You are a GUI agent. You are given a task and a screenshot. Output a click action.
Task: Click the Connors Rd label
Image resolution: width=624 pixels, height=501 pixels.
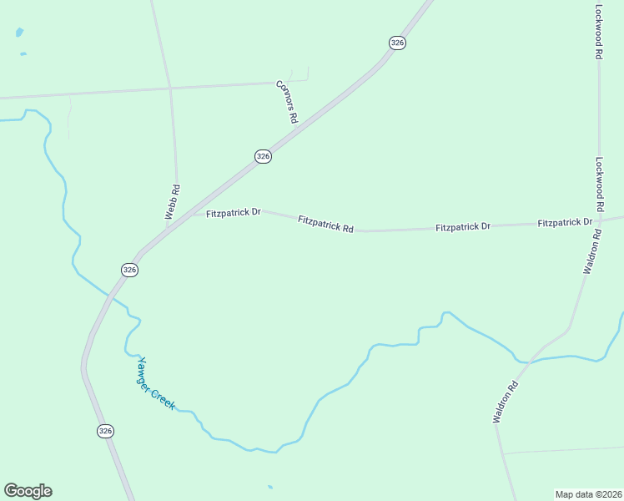click(287, 102)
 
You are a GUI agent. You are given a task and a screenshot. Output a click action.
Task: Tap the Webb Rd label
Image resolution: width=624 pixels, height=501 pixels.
click(173, 202)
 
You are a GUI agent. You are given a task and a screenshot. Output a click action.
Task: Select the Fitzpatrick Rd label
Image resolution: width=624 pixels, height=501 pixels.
click(325, 224)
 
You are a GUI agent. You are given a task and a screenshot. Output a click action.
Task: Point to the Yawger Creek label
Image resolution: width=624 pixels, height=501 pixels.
click(157, 383)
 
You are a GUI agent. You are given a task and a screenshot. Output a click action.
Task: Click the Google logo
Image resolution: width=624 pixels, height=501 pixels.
click(28, 491)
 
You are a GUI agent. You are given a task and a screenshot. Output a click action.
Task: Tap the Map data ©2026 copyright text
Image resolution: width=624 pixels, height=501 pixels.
click(588, 493)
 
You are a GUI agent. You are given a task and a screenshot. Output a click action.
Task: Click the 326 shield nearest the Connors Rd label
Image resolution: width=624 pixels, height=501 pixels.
click(263, 156)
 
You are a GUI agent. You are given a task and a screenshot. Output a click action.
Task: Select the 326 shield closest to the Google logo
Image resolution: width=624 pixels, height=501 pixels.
click(105, 431)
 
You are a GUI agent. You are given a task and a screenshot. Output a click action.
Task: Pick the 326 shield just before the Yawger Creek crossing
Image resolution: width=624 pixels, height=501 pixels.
click(129, 270)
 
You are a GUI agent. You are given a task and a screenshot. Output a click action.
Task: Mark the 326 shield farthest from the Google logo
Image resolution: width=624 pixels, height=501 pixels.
click(397, 43)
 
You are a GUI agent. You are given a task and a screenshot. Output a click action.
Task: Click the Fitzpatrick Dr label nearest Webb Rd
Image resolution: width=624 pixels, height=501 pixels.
click(234, 213)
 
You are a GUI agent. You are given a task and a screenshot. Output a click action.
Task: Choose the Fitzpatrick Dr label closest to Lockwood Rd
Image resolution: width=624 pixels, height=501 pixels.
click(565, 222)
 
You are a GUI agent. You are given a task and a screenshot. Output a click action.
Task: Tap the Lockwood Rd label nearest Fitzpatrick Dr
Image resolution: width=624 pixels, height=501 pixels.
click(600, 185)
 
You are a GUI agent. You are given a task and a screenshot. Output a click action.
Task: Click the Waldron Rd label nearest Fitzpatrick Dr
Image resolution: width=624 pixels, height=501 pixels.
click(593, 254)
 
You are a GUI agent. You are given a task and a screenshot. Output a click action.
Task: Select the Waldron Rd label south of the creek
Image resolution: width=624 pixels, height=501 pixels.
click(506, 402)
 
